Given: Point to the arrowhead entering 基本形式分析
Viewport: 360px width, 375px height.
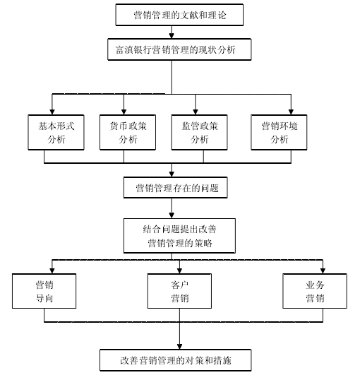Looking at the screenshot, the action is [52, 112].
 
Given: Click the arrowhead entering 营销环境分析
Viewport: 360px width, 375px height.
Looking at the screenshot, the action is [291, 112].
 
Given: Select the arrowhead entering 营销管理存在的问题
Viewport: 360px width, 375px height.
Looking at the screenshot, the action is [172, 174].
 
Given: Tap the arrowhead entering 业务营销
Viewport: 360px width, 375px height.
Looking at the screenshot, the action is [323, 271].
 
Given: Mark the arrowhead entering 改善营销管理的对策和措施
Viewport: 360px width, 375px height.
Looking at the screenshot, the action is [179, 347].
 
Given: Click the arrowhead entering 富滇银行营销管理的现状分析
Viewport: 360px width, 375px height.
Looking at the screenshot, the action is [172, 36].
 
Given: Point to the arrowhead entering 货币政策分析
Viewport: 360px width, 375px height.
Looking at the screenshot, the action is [124, 112].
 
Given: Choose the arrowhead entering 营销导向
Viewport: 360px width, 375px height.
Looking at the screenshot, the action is [52, 271].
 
